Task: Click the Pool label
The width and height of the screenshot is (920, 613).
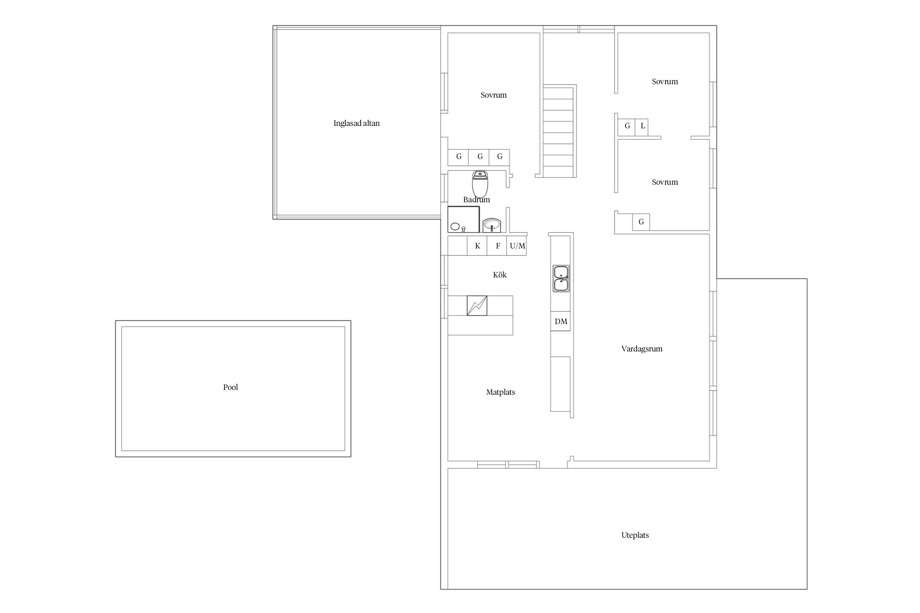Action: click(x=231, y=387)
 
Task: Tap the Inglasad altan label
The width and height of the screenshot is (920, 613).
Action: click(x=357, y=123)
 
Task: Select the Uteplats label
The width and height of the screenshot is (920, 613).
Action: click(x=635, y=535)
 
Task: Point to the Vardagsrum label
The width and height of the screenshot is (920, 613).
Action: click(x=642, y=349)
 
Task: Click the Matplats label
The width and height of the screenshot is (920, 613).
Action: click(x=500, y=392)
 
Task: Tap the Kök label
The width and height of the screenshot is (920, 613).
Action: click(x=500, y=275)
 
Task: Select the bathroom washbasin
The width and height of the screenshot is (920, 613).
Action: click(x=491, y=225)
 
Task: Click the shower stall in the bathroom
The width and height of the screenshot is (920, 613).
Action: click(x=463, y=219)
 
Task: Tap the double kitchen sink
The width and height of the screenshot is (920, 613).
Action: click(x=561, y=278)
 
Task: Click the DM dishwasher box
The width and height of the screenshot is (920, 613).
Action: click(x=561, y=321)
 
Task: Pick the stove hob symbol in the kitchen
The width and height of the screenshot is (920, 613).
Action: click(x=477, y=305)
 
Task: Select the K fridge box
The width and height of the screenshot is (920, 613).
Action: click(x=477, y=246)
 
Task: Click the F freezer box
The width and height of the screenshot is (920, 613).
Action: click(x=497, y=246)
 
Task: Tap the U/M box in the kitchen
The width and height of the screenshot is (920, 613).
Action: click(x=517, y=246)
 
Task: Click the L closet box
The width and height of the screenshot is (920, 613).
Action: click(x=642, y=126)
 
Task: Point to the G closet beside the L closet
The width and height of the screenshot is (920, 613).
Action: click(x=627, y=126)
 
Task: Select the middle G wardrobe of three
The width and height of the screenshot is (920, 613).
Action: click(x=479, y=157)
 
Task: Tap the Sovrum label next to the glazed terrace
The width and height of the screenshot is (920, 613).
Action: click(x=494, y=95)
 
